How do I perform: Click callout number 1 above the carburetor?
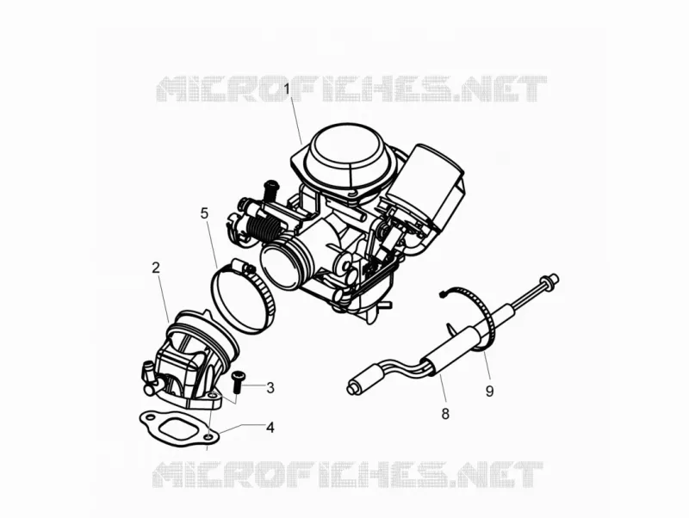287,89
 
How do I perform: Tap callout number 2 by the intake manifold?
156,268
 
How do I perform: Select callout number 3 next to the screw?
270,387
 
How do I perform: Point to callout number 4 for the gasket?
270,427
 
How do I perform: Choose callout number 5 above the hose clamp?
204,213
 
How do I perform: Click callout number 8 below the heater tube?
445,414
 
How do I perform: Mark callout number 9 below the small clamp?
489,391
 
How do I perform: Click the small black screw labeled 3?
239,381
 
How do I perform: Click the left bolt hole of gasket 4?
151,415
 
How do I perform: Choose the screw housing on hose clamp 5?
243,265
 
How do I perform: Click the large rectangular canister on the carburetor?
435,187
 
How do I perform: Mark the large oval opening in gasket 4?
177,429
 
